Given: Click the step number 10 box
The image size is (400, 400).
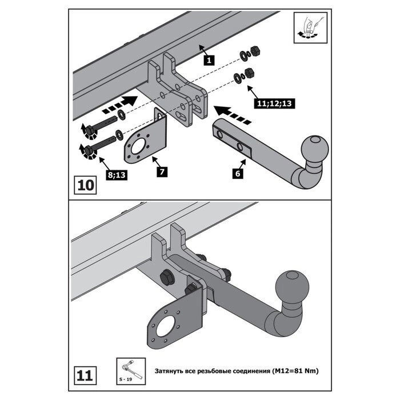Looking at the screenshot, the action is click(x=85, y=185).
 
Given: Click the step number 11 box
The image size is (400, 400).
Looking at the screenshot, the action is click(x=85, y=375).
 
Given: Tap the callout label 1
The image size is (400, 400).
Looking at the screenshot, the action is click(x=209, y=61).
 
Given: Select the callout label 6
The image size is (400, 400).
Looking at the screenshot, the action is click(x=238, y=174).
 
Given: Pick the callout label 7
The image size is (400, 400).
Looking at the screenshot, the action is click(x=162, y=171).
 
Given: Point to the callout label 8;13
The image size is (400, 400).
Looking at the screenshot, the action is click(x=117, y=175).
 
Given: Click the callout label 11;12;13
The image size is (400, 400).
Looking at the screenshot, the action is click(x=274, y=103).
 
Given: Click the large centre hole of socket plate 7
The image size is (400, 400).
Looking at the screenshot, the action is click(x=138, y=146).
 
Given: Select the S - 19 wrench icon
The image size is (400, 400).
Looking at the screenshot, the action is click(x=131, y=371).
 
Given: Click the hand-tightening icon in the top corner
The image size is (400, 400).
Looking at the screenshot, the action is click(x=310, y=28).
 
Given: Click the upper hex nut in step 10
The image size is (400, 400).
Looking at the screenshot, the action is click(x=255, y=51).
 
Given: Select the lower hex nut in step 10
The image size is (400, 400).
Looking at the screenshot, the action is click(x=249, y=73).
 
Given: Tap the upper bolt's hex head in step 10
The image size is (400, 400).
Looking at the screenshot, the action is click(x=90, y=130).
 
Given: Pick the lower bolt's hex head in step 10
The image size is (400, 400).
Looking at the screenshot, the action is click(x=88, y=150).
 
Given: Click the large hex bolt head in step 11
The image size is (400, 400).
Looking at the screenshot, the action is click(x=167, y=277).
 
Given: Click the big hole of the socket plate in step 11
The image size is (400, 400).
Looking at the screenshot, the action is click(x=165, y=326).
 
